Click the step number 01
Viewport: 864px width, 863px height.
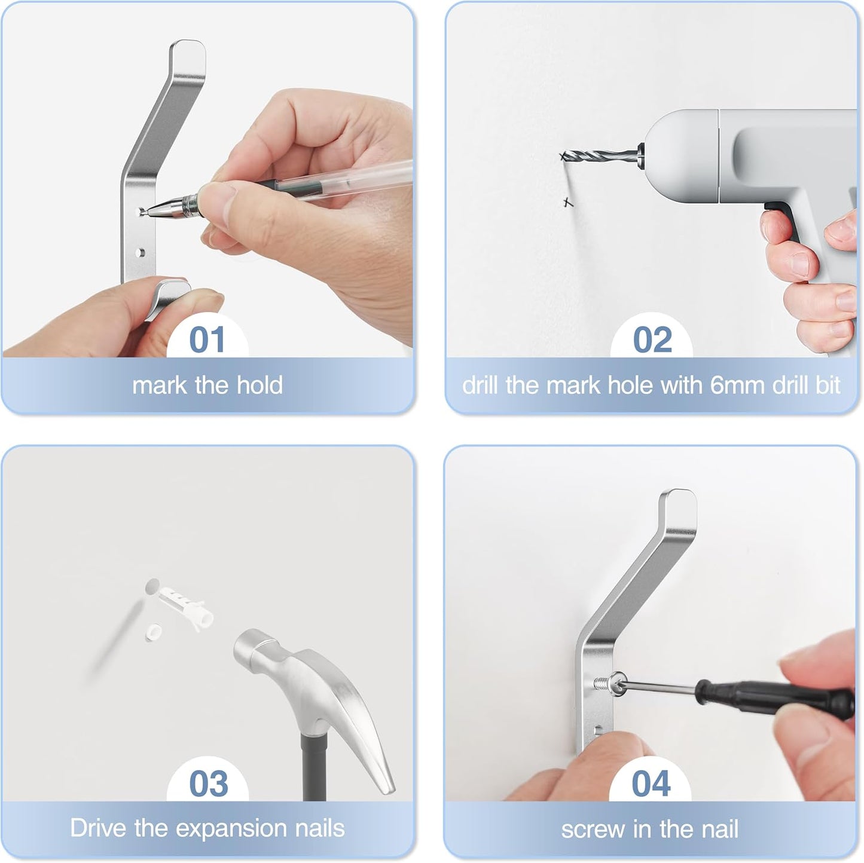click(x=207, y=340)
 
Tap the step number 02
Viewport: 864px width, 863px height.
click(x=652, y=340)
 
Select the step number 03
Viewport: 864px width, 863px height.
click(x=208, y=784)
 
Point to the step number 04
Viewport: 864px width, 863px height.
click(x=651, y=784)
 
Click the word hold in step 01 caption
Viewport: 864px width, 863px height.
click(x=259, y=385)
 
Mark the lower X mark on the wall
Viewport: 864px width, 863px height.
click(x=568, y=203)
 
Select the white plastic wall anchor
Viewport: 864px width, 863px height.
click(x=185, y=604)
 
